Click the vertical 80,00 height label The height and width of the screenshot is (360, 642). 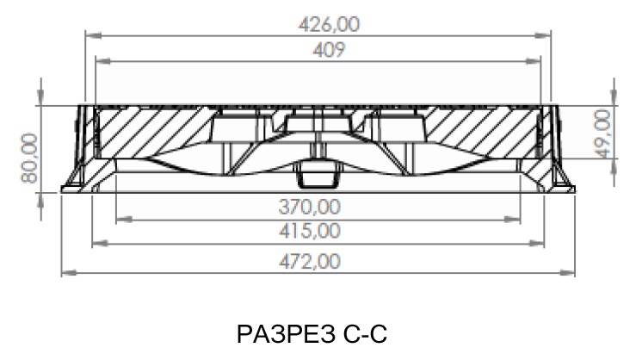(x=29, y=158)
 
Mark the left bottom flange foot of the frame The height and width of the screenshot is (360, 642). (x=73, y=186)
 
